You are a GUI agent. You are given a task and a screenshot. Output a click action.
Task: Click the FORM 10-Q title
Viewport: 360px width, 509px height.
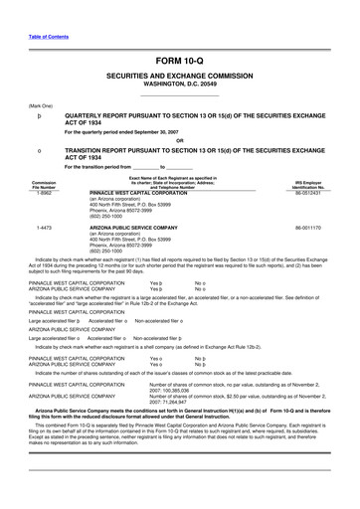[x=180, y=63]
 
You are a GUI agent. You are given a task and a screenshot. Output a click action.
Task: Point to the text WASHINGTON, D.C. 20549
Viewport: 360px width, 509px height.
[x=180, y=84]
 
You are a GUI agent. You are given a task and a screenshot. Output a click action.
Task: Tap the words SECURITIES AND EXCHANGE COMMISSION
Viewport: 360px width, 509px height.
[x=180, y=77]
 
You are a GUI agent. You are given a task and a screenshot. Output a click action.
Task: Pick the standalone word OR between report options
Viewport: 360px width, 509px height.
[x=180, y=140]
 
